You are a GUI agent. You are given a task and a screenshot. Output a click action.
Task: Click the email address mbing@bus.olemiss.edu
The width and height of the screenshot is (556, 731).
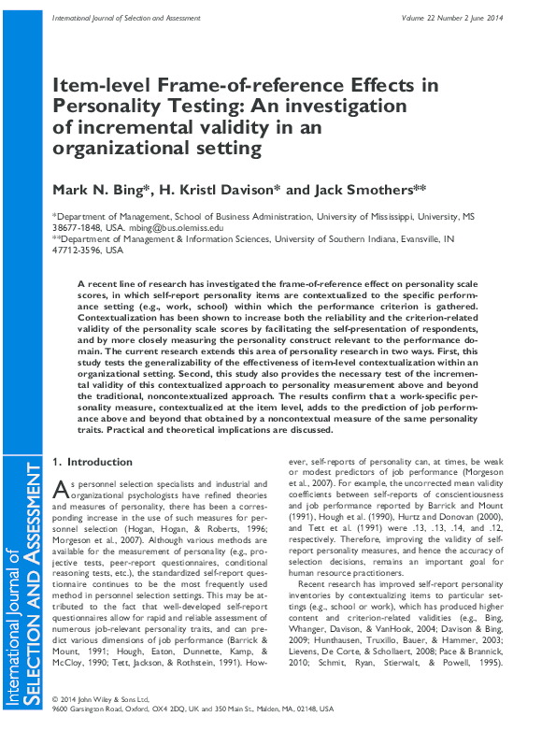pyautogui.click(x=177, y=227)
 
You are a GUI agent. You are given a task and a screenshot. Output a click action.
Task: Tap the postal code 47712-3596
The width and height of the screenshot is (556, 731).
pyautogui.click(x=77, y=251)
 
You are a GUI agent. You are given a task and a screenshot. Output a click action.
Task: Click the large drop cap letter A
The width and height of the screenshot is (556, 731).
pyautogui.click(x=59, y=487)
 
